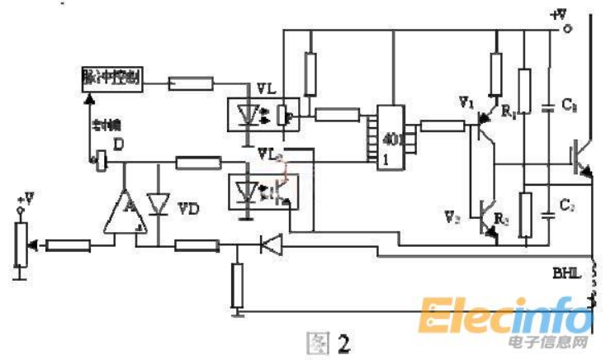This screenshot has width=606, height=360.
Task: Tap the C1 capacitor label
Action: (x=570, y=104)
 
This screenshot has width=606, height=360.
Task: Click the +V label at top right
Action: (x=560, y=14)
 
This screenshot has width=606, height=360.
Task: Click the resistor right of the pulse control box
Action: (x=192, y=83)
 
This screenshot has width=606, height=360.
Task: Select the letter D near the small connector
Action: (x=120, y=146)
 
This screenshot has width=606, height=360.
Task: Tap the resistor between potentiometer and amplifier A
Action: (x=69, y=244)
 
